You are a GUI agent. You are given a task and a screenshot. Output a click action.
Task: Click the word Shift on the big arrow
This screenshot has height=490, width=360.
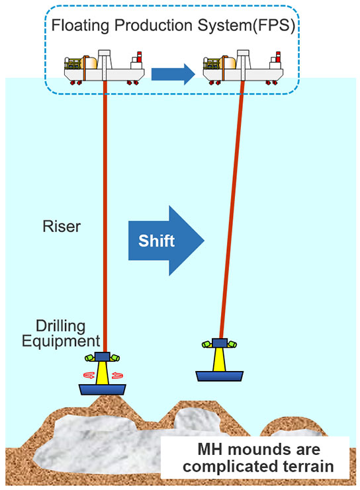(156, 241)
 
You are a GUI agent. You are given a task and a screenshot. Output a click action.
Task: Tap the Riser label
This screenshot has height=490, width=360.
(62, 226)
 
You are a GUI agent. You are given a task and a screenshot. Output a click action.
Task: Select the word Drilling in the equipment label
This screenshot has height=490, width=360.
(61, 326)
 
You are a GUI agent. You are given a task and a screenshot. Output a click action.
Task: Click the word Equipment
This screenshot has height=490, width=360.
(61, 341)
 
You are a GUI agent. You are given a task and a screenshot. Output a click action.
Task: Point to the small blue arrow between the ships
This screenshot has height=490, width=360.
(173, 74)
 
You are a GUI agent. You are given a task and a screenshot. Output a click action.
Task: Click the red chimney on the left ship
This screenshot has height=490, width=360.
(139, 57)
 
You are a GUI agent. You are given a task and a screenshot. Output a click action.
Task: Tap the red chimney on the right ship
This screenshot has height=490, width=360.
(278, 57)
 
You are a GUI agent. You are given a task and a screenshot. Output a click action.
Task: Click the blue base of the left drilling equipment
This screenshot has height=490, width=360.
(103, 389)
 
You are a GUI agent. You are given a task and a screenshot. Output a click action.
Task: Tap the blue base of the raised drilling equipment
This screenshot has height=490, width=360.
(220, 376)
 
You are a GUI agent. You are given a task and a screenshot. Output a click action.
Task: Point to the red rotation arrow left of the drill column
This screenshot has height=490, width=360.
(89, 375)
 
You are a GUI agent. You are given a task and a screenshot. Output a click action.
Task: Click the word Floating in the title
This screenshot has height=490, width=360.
(80, 26)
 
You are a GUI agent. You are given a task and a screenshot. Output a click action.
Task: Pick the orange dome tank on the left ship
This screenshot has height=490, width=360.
(89, 63)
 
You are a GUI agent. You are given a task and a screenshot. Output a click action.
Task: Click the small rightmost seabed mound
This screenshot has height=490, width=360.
(293, 426)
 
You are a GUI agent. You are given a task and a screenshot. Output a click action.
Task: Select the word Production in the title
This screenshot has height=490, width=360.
(154, 26)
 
